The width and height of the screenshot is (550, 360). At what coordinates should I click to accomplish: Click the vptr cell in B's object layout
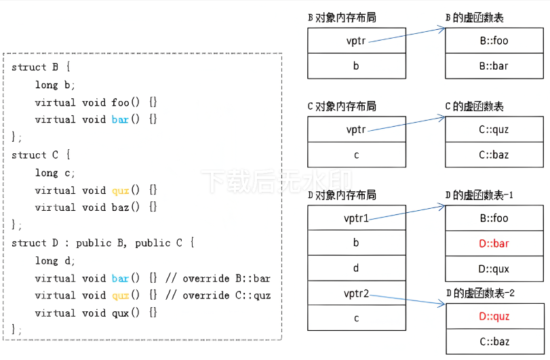[356, 41]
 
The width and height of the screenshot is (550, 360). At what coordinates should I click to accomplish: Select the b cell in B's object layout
[356, 66]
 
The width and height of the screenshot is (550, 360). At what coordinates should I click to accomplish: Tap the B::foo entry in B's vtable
[494, 41]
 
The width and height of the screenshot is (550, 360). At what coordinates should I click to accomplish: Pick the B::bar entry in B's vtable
[494, 66]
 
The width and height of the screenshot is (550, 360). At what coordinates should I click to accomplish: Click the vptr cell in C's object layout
[356, 129]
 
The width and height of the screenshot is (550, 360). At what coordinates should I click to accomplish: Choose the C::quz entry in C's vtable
[494, 129]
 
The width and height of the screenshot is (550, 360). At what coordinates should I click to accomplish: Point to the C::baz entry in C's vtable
[494, 155]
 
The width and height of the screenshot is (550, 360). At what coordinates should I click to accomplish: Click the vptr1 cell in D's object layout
[356, 218]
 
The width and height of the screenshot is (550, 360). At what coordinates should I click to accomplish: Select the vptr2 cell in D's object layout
[356, 293]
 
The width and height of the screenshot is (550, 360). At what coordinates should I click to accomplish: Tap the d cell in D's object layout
[356, 268]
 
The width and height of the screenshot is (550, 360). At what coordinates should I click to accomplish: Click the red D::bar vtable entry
[494, 243]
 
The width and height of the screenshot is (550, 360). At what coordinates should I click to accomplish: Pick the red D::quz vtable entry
[494, 317]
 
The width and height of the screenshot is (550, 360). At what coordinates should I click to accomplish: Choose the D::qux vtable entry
[494, 268]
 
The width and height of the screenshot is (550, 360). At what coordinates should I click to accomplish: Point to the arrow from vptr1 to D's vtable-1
[407, 212]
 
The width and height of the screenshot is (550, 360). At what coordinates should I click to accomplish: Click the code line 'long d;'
[56, 260]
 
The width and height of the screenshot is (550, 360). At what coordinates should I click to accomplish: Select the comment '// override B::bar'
[218, 278]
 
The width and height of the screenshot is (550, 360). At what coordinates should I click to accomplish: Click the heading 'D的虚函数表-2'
[479, 293]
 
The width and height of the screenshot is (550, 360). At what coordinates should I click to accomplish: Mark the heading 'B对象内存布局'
[342, 18]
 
